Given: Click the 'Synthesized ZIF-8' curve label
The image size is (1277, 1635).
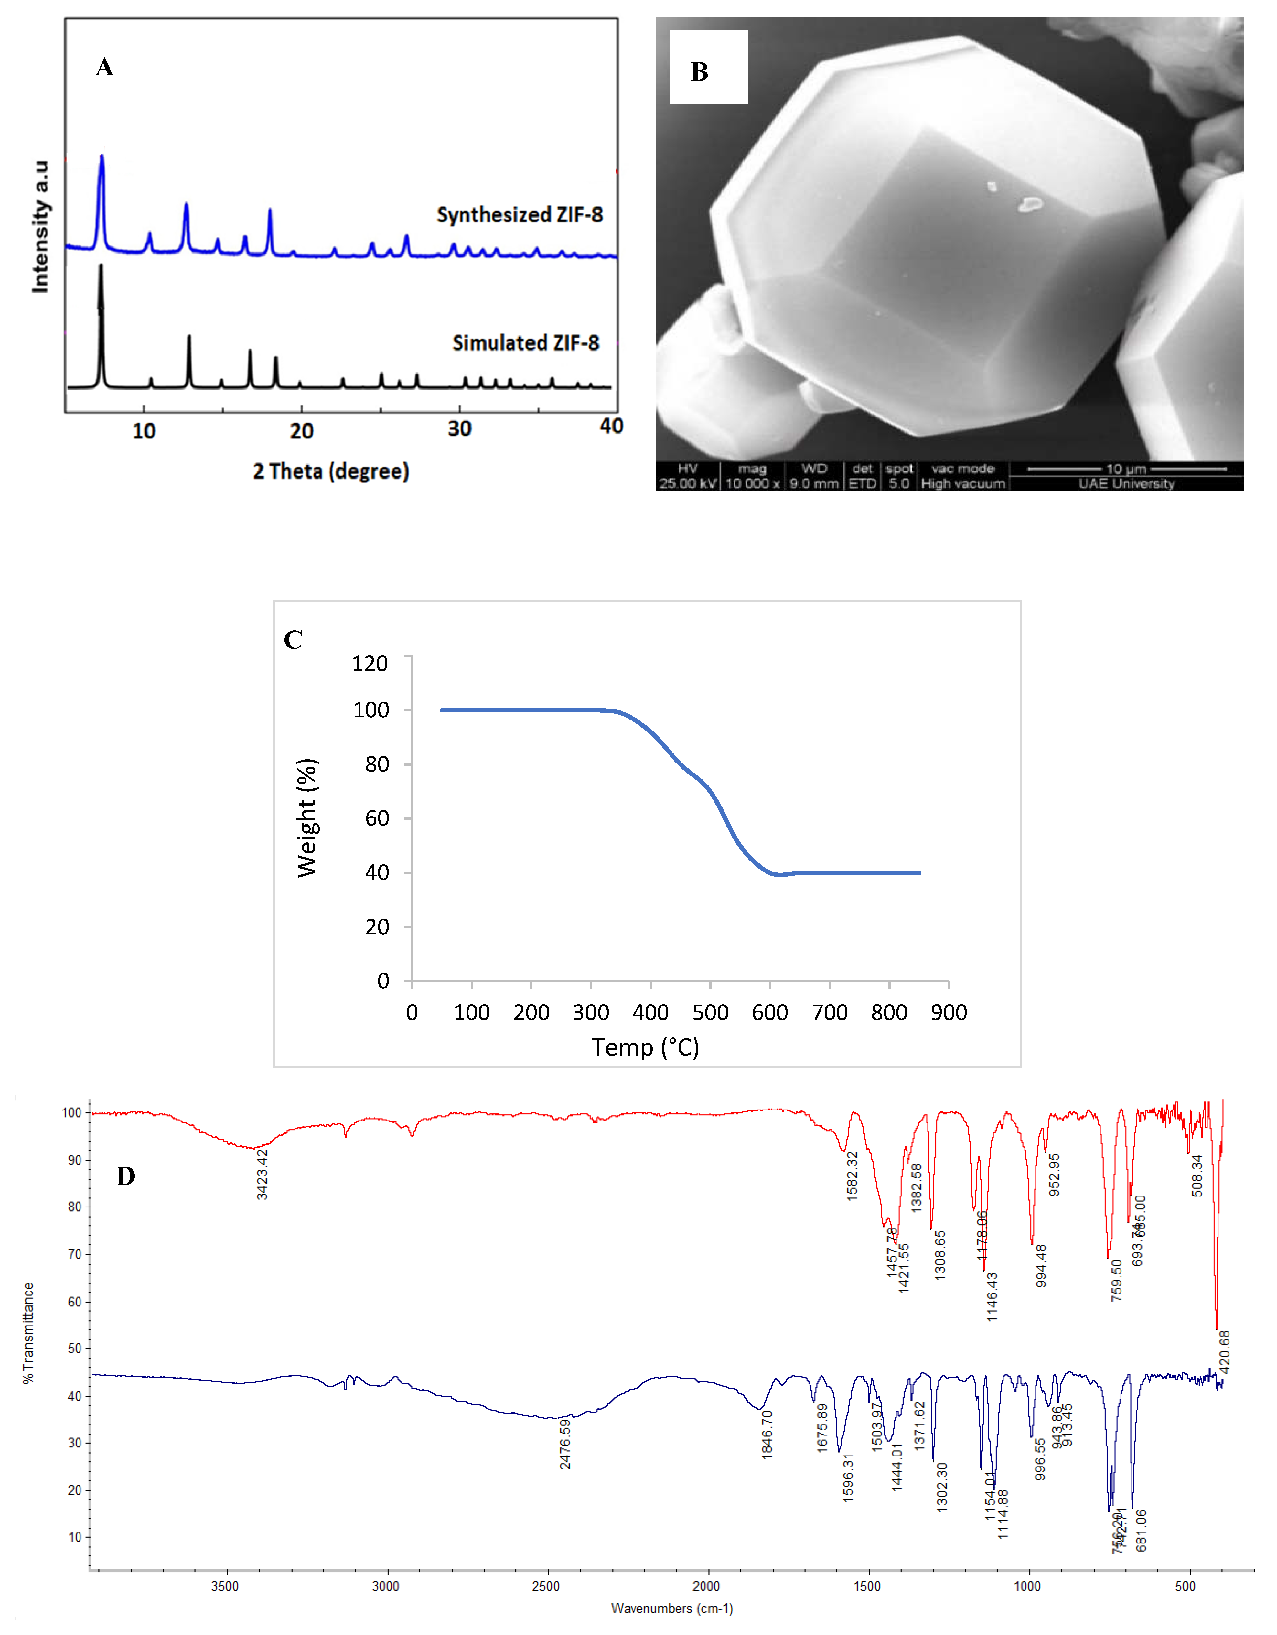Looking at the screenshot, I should pos(520,215).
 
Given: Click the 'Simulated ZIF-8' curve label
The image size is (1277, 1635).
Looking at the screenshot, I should pos(525,343).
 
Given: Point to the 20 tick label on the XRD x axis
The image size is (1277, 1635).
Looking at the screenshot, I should pos(302,431).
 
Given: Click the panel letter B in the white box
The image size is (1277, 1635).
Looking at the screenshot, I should pos(699,72).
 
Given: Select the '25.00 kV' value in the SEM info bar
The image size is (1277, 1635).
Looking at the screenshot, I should pos(687,484).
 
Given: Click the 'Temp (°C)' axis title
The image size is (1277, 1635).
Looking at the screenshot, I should pos(645,1046).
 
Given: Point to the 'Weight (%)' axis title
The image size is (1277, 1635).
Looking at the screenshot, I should pos(307,817).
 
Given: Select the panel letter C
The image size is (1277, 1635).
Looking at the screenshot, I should pos(293,639).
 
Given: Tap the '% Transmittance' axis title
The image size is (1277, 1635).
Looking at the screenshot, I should pos(28,1333).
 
